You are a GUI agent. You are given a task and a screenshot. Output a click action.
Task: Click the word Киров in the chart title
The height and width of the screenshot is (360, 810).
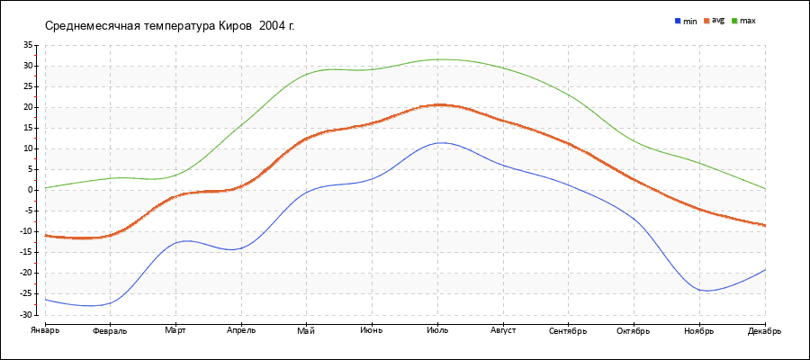[x=237, y=25]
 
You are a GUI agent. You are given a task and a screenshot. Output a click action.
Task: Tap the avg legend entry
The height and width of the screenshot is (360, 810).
[x=718, y=20]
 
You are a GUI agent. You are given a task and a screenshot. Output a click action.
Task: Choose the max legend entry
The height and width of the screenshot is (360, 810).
[x=748, y=21]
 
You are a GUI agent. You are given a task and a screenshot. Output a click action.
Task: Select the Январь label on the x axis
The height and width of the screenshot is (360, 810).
[x=44, y=330]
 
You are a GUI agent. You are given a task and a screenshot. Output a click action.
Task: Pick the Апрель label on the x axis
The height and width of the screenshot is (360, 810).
[x=241, y=330]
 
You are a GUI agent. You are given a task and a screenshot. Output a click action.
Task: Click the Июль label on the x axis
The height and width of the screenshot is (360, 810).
[x=438, y=330]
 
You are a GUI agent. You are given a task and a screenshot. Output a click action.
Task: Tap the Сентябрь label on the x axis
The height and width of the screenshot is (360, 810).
[x=569, y=330]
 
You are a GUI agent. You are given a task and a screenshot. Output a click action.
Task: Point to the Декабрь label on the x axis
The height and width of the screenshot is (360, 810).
[x=764, y=330]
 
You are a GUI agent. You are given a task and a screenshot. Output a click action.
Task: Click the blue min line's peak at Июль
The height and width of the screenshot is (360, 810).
[x=438, y=142]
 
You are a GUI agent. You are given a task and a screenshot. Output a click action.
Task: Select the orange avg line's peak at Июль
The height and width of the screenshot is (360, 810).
[x=438, y=104]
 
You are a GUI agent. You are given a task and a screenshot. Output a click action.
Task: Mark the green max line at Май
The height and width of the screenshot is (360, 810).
[x=307, y=74]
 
